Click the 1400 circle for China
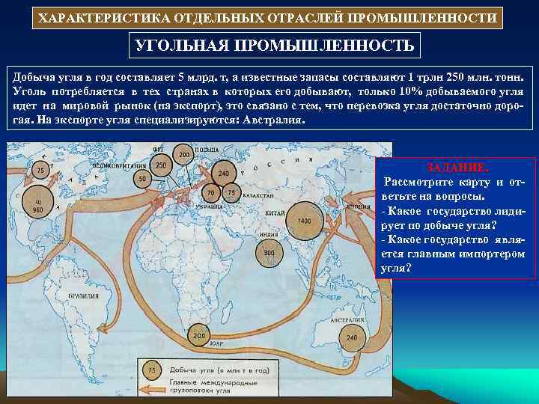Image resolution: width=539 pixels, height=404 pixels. pos(304,221)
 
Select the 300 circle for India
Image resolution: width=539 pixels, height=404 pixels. pos(269,254)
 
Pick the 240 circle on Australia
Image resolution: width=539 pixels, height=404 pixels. pos(352,337)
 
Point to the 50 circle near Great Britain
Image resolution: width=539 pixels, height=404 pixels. pos(142,180)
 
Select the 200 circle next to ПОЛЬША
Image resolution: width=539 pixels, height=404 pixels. pos(183,155)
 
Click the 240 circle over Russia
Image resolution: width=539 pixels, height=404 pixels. pos(223,173)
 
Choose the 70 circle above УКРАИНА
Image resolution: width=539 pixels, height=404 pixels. pos(211,193)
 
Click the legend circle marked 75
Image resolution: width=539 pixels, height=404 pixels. pos(151,370)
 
